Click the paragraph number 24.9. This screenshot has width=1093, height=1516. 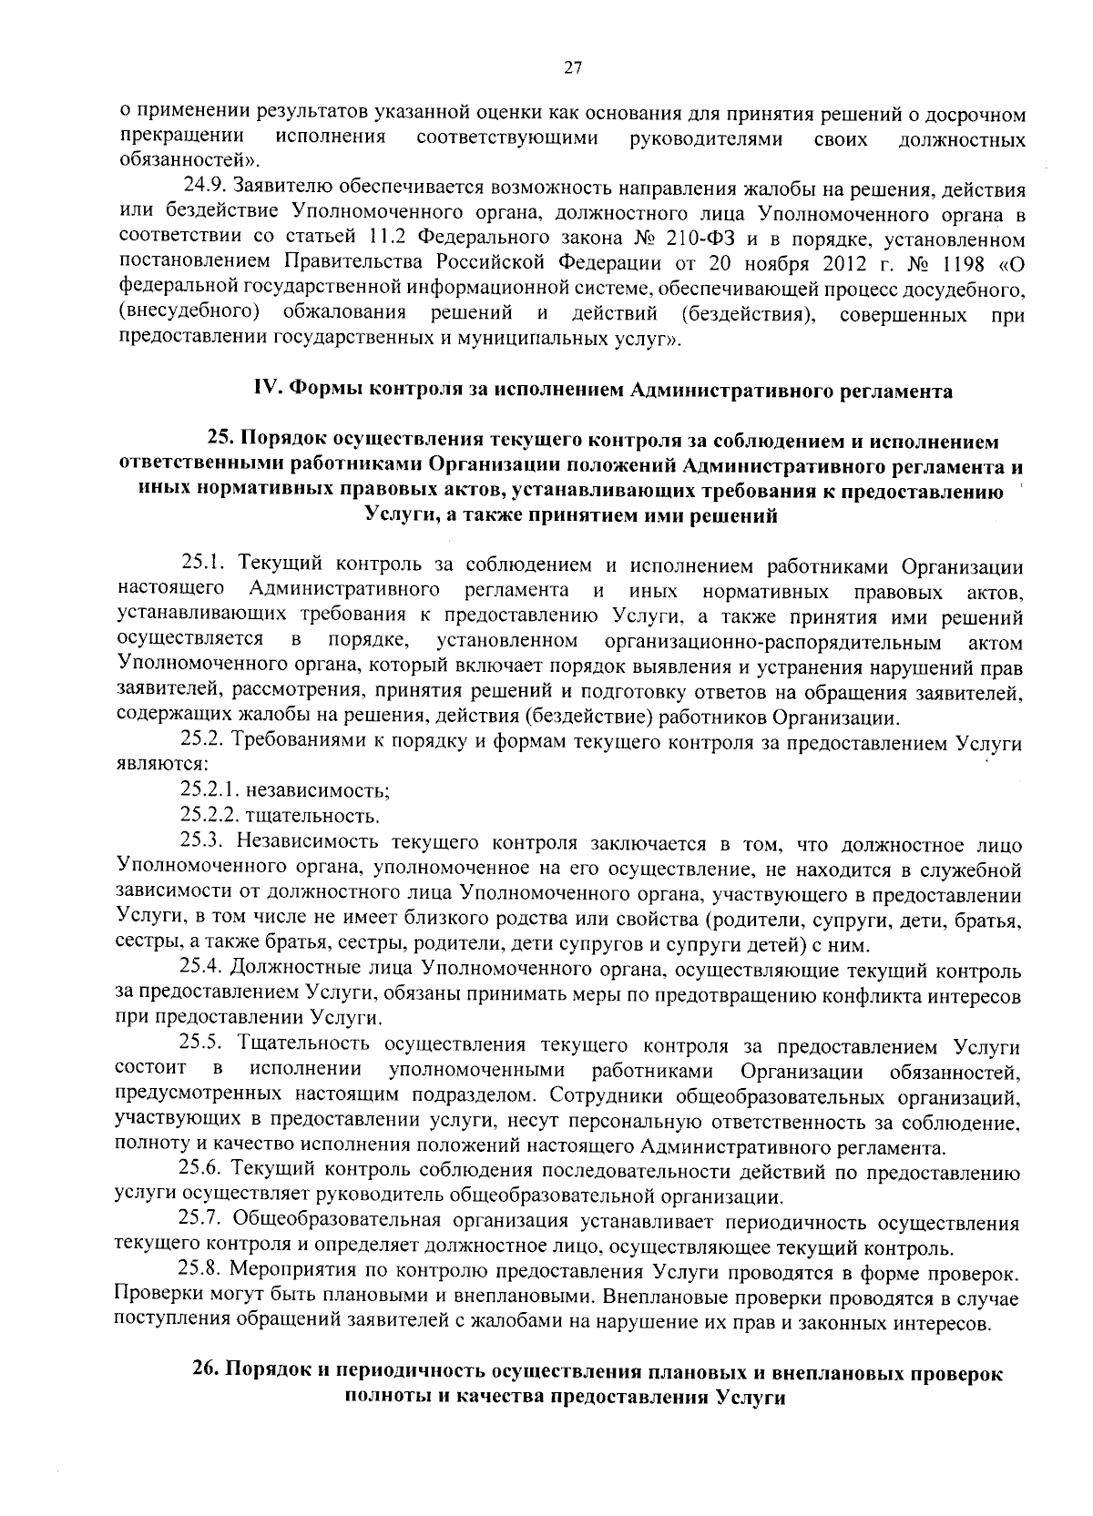205,188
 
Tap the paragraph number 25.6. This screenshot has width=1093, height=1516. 202,1170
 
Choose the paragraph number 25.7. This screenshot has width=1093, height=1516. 202,1219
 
